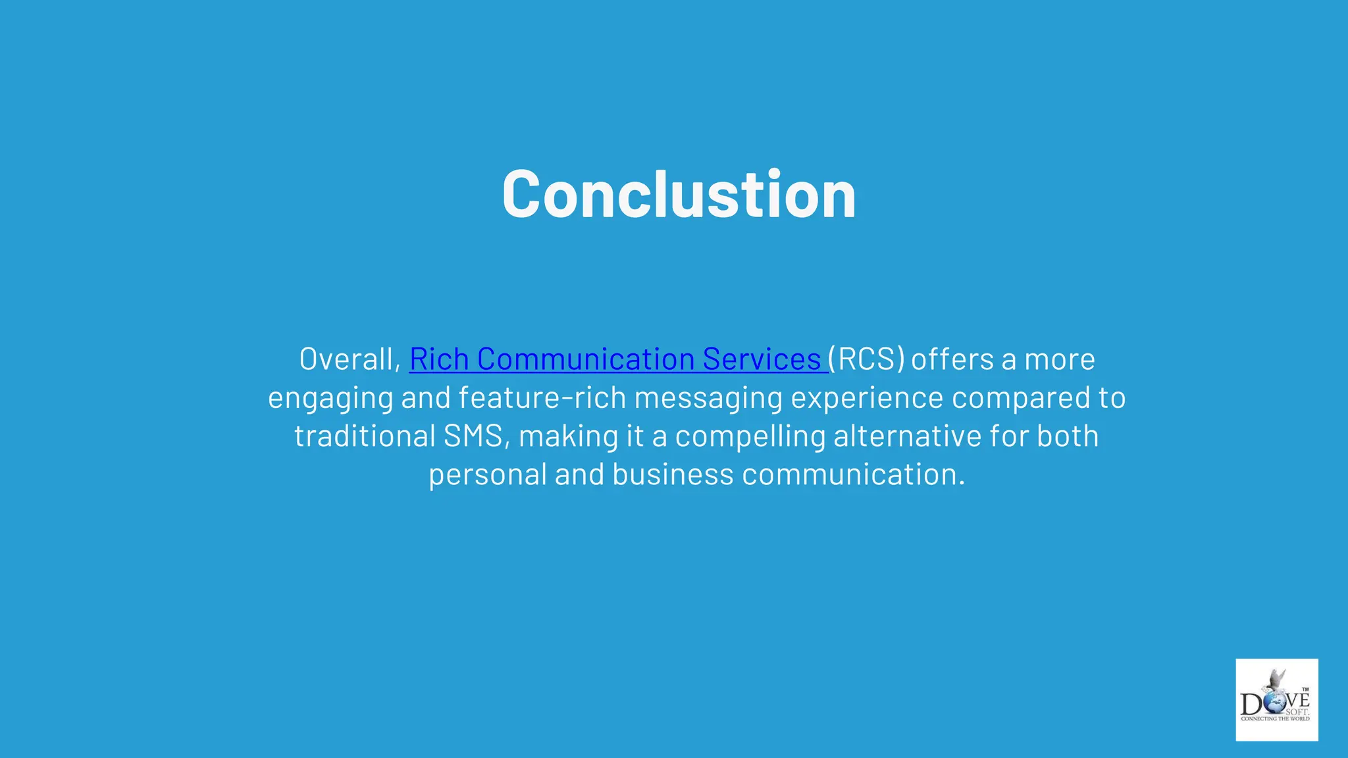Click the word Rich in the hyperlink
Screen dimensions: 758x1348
pyautogui.click(x=439, y=359)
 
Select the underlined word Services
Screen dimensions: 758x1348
pyautogui.click(x=762, y=359)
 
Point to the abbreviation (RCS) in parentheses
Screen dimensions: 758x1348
pyautogui.click(x=866, y=359)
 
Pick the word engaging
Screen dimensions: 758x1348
pyautogui.click(x=330, y=399)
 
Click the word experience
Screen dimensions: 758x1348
pyautogui.click(x=867, y=399)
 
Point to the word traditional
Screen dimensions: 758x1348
pyautogui.click(x=365, y=436)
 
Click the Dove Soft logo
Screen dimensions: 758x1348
pyautogui.click(x=1276, y=699)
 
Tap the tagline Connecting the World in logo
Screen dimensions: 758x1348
pyautogui.click(x=1275, y=719)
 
